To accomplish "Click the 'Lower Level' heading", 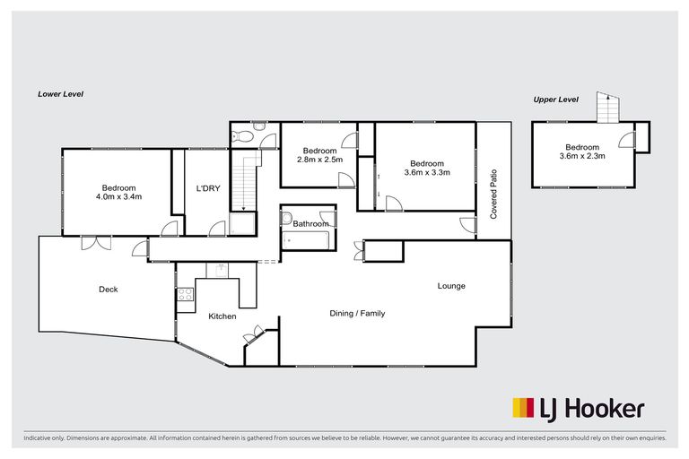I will tap(60, 93).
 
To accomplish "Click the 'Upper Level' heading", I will tap(556, 100).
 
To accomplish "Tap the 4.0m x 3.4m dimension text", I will tap(119, 196).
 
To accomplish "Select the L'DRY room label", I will tap(209, 189).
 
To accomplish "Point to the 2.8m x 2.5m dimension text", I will tap(319, 160).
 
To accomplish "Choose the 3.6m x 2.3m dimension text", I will tap(582, 156).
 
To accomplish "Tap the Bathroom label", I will tap(310, 224).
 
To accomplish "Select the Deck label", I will tap(108, 290).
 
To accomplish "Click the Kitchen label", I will tap(222, 316).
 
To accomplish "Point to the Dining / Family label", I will tap(357, 314).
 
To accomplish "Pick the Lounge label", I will tap(451, 286).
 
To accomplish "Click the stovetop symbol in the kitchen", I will tap(186, 294).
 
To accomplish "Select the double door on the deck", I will tap(92, 242).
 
